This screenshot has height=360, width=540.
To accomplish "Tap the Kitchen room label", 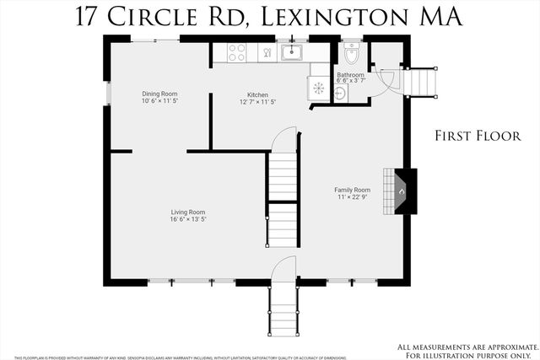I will point(257,94).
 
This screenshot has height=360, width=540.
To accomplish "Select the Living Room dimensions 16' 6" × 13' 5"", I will point(188,219).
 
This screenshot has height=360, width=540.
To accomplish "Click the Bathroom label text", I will point(350,75).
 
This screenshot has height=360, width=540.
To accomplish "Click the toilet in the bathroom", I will point(352,56).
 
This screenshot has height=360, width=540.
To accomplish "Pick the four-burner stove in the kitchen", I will point(237,51).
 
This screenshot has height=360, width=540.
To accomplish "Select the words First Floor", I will point(478,135).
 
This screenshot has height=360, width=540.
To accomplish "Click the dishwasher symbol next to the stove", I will point(267,52).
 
